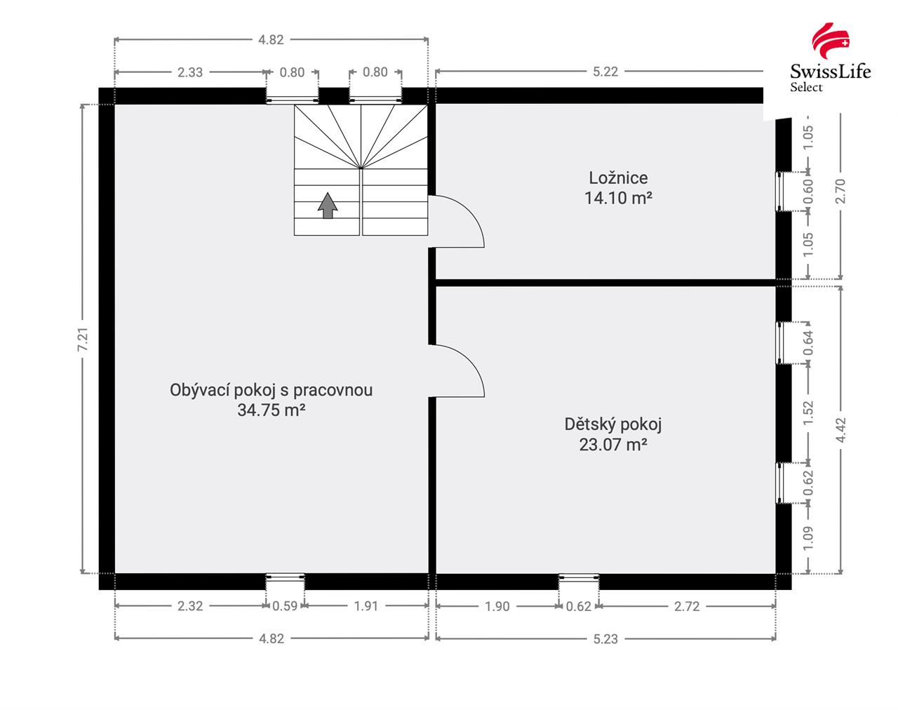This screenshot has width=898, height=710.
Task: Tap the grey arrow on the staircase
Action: (327, 206)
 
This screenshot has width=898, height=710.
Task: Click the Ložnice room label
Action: (618, 178)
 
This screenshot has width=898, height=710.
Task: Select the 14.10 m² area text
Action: (618, 199)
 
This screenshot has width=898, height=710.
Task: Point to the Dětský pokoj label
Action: (612, 424)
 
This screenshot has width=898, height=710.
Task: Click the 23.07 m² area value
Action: (612, 444)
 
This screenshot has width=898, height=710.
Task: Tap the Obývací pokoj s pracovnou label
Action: (271, 390)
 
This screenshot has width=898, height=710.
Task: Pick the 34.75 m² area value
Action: (271, 410)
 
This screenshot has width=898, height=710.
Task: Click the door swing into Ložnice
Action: (460, 220)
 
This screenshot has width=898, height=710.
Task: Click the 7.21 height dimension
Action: (83, 339)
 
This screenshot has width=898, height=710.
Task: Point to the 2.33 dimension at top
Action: (189, 72)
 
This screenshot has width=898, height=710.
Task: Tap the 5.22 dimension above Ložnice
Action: (605, 72)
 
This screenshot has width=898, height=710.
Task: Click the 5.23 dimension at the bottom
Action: (605, 638)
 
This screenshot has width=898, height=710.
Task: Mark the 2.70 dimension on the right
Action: (841, 190)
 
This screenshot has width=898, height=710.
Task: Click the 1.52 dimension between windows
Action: (808, 413)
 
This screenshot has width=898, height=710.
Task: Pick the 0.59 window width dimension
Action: (285, 606)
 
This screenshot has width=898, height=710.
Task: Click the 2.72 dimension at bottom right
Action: (687, 606)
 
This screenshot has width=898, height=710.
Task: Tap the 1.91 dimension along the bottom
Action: (366, 606)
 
